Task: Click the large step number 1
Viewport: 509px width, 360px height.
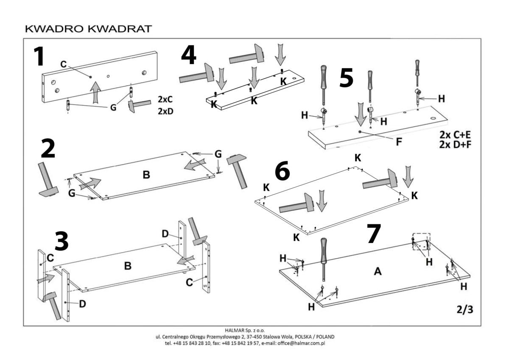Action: tap(39, 57)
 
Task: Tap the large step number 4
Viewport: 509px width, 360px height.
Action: tap(189, 56)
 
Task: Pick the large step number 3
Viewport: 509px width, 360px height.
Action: tap(62, 241)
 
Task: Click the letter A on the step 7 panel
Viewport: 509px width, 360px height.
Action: tap(378, 272)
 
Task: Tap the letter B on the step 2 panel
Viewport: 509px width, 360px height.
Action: tap(146, 174)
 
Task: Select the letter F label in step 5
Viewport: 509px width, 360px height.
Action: tap(399, 142)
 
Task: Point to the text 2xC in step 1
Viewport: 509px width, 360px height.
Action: tap(166, 100)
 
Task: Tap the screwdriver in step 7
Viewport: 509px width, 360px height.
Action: tap(324, 259)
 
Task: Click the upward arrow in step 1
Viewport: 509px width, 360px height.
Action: tap(97, 91)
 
